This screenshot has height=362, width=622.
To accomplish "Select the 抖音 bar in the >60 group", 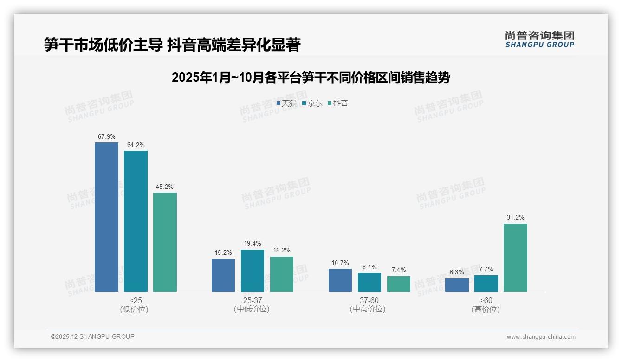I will coord(515,258).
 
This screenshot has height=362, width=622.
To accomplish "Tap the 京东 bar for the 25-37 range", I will coord(252,271).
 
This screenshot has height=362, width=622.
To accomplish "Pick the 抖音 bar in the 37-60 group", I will coord(399,284).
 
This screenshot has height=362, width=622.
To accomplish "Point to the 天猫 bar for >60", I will coord(457,285).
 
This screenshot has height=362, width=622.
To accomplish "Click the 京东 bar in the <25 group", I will coord(136,221).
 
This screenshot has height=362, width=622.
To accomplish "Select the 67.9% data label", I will coord(106,137).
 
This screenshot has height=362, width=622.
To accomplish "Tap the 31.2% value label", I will coord(515,218).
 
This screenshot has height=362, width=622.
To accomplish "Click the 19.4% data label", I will coord(252,244).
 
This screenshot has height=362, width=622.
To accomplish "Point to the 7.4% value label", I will coord(399,270).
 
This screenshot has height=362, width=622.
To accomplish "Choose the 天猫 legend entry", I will coord(286,103).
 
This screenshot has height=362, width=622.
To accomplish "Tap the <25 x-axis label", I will coord(136,300).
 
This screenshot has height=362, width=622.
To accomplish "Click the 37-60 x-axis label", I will coord(369,300).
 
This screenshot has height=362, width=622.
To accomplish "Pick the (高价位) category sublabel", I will coord(486,310).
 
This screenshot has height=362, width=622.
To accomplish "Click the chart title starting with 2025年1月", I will coord(311,78).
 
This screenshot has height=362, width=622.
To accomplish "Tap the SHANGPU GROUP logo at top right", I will coord(539,39).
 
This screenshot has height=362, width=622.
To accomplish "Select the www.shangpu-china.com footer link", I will coord(541,337).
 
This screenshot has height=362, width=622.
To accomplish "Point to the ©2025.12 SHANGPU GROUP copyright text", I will coord(93,337).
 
